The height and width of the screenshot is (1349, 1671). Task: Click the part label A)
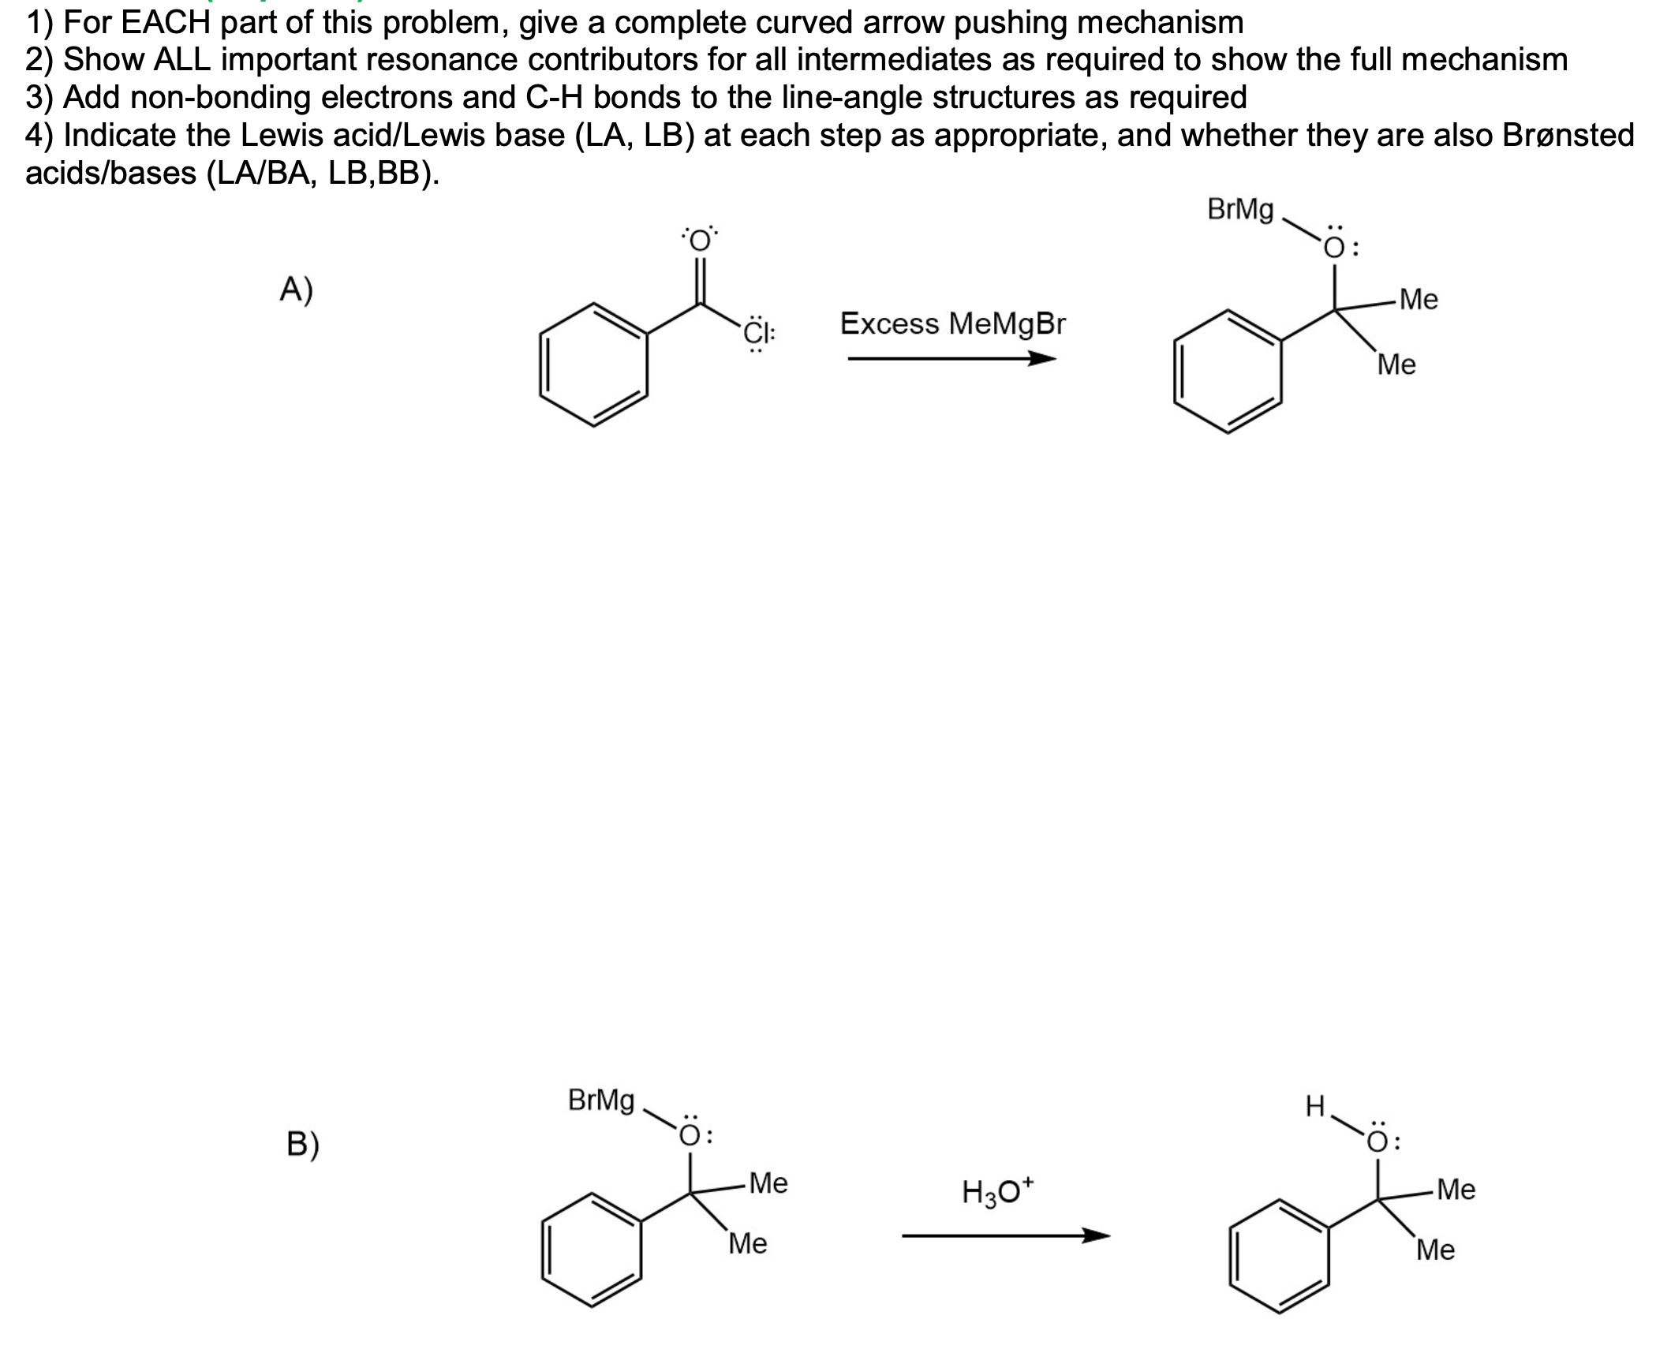[296, 291]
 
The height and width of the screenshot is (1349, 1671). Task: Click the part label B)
[302, 1144]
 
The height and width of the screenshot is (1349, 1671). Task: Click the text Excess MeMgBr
[952, 323]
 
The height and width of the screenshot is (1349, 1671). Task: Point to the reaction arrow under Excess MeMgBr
[951, 360]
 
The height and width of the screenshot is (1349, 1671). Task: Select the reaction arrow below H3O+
[1005, 1235]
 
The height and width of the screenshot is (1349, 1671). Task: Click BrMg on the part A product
[1240, 210]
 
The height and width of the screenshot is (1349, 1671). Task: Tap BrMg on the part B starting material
[601, 1100]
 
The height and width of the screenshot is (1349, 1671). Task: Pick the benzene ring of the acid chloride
[593, 365]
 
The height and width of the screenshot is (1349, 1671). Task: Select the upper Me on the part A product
[1419, 300]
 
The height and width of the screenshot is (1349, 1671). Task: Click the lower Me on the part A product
[1396, 364]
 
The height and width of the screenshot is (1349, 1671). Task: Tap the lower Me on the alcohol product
[1435, 1250]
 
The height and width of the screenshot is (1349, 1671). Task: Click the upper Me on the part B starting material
[768, 1183]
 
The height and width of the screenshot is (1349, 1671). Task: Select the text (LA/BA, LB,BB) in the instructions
[322, 173]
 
